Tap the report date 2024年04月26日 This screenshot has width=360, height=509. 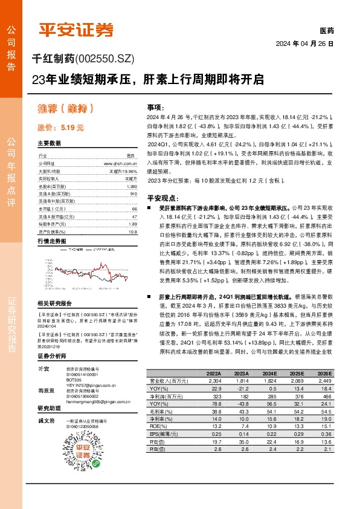pos(305,44)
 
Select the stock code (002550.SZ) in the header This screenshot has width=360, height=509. pos(104,58)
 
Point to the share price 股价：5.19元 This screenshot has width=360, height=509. pos(60,128)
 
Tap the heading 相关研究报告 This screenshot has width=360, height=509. pos(54,303)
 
